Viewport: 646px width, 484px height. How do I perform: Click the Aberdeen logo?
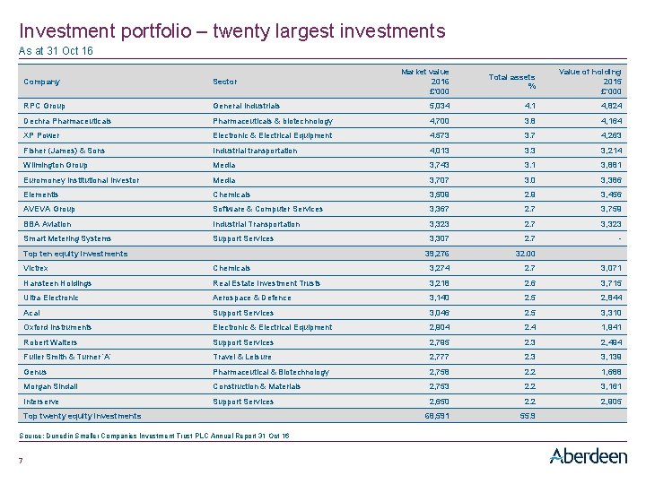point(588,456)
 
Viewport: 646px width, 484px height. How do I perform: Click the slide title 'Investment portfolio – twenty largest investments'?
point(231,31)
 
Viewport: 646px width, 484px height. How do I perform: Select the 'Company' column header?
point(41,82)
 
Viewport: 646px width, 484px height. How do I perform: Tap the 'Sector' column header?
point(225,82)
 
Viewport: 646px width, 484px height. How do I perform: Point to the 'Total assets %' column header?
point(511,82)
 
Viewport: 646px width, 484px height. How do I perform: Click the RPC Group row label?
point(44,106)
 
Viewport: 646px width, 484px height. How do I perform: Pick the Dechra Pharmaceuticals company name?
point(67,121)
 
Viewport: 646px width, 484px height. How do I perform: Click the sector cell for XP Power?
point(259,135)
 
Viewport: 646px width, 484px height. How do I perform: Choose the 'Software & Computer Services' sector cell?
point(267,210)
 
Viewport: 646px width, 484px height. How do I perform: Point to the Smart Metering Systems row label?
point(67,238)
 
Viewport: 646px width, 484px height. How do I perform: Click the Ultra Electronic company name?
point(51,298)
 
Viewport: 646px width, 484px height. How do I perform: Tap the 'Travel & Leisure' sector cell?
point(242,357)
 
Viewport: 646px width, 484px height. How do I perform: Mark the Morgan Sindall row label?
point(50,386)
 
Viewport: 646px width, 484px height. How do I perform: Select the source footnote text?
point(154,436)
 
